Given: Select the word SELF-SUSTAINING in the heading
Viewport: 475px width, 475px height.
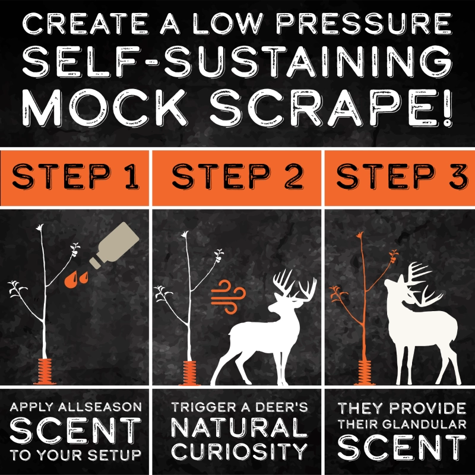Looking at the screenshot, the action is tap(237, 62).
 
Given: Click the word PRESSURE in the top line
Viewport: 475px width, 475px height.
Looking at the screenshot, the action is tap(364, 24).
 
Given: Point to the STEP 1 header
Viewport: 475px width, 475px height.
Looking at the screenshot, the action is tap(75, 176).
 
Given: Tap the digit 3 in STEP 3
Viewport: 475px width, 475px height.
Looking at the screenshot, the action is tap(458, 176).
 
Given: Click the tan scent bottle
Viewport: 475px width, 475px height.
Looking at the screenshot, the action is tap(115, 245).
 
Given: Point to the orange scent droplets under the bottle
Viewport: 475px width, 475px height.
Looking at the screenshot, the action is tap(76, 279).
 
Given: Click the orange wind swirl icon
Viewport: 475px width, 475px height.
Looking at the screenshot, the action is tap(228, 297).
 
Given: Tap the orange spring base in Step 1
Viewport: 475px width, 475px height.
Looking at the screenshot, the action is tap(45, 372).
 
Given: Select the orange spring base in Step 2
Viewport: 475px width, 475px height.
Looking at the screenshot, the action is tap(190, 373).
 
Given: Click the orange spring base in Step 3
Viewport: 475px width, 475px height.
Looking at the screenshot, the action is tap(365, 373).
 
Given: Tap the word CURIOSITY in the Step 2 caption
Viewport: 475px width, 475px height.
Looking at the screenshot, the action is tap(239, 451).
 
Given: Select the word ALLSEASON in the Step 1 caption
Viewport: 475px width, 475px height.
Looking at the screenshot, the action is tap(100, 407).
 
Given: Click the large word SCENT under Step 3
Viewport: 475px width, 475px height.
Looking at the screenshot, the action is tap(402, 448).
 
